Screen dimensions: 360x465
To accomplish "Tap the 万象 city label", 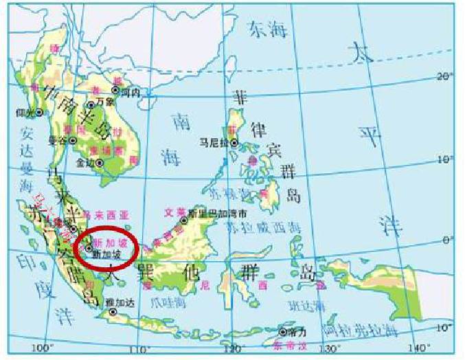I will tap(104, 101).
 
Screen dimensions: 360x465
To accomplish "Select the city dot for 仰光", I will tap(40, 111).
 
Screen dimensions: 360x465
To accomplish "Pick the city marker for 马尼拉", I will tap(234, 143).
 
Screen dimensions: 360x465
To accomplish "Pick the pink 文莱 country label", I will tap(176, 211).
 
